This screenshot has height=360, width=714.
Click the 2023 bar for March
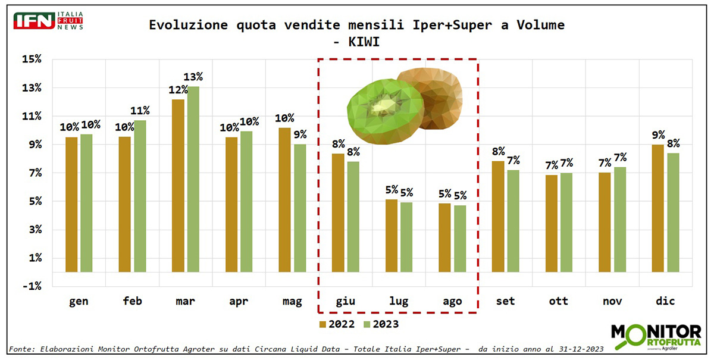point(193,179)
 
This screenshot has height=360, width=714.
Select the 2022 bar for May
point(284,199)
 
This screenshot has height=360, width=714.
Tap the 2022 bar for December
point(658,208)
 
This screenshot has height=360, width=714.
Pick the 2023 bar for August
point(459,238)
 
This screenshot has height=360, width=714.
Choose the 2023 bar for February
point(140,196)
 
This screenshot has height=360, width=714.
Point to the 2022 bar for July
point(392,235)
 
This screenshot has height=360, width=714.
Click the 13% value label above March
point(193,77)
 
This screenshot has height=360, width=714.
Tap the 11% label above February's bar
point(140,111)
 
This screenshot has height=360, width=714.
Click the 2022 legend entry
point(336,324)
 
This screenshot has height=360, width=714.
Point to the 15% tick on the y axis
point(31,60)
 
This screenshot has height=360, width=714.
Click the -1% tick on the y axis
point(31,286)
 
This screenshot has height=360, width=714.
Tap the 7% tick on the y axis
point(33,173)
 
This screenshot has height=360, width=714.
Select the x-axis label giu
point(345,301)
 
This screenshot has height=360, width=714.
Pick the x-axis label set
point(505,301)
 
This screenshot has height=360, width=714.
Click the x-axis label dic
point(665,301)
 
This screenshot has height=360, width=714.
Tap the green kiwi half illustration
point(385,107)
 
